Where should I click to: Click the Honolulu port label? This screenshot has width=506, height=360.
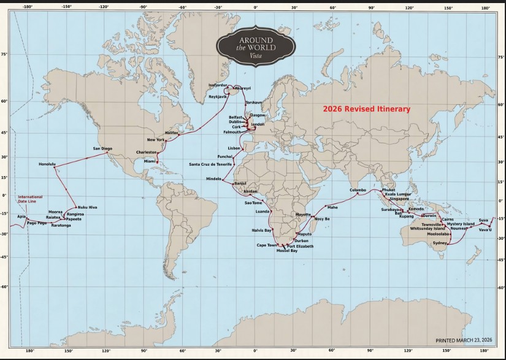(x=47, y=164)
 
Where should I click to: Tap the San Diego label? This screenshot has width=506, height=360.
(x=102, y=148)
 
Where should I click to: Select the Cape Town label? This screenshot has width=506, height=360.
(x=266, y=245)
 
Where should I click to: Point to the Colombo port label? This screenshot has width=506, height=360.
(x=358, y=190)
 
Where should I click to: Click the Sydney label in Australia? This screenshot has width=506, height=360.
(x=440, y=243)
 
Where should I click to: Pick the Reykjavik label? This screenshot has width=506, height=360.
(x=218, y=97)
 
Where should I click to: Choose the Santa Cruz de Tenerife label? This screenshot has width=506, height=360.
(x=210, y=164)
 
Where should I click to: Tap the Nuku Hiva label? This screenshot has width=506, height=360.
(x=87, y=207)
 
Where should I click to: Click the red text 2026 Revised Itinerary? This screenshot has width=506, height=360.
(x=367, y=109)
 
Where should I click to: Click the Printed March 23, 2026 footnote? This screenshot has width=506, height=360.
(x=464, y=340)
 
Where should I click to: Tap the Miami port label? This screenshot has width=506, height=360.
(x=150, y=161)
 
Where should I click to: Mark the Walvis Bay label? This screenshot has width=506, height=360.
(x=261, y=230)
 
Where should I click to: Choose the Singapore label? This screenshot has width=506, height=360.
(x=399, y=199)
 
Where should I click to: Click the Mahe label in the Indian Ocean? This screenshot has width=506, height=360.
(x=332, y=207)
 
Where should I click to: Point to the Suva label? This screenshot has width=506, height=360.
(x=483, y=220)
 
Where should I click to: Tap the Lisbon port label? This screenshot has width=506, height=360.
(x=234, y=148)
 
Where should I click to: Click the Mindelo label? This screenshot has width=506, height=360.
(x=213, y=178)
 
